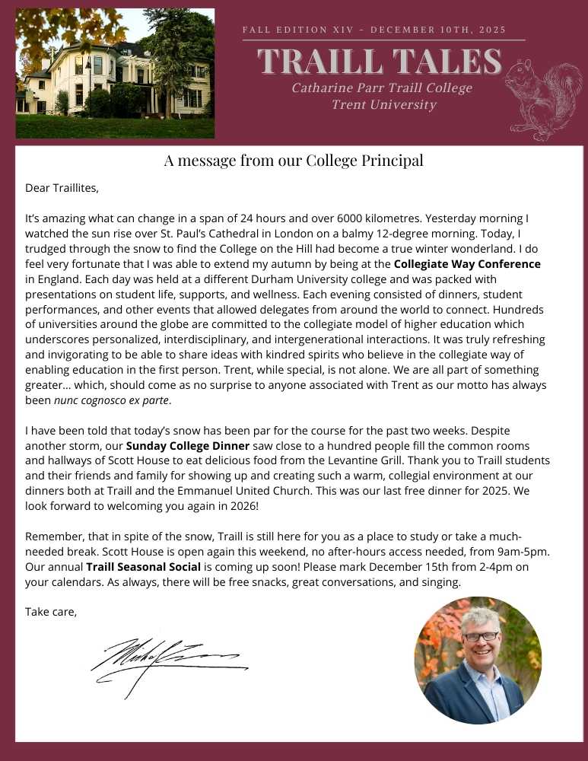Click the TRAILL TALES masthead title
point(380,61)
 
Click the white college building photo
point(115,73)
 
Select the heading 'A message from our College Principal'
point(294,161)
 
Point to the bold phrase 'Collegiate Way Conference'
point(467,264)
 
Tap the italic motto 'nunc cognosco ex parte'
point(113,400)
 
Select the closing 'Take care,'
point(51,611)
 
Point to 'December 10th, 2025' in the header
point(440,30)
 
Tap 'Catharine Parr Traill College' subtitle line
point(381,88)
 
